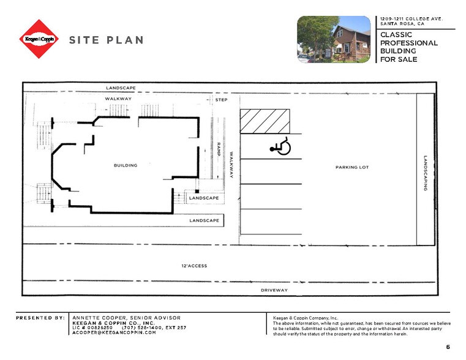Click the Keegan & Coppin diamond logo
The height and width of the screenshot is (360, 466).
click(x=39, y=39)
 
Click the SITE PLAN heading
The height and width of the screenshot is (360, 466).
click(x=106, y=40)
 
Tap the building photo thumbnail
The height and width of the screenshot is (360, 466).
click(x=333, y=39)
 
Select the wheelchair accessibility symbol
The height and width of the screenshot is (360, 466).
click(x=281, y=147)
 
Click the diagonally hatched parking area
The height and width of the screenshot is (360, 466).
click(x=265, y=121)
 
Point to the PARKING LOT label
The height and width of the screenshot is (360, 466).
click(x=352, y=167)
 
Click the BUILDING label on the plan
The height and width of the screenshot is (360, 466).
click(x=126, y=165)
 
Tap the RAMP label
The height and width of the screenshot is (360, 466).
click(x=217, y=150)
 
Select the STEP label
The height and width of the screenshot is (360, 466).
click(x=220, y=99)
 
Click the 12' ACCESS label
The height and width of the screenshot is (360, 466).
click(x=194, y=266)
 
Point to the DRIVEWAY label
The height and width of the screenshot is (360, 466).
click(x=274, y=290)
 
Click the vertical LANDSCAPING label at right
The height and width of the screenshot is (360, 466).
click(x=426, y=173)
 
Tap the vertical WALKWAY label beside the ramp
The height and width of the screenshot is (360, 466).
click(x=231, y=165)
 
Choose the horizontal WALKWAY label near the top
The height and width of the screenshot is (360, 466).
click(x=118, y=99)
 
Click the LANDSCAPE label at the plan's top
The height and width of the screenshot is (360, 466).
click(x=120, y=88)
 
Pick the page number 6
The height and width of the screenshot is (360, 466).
click(x=448, y=347)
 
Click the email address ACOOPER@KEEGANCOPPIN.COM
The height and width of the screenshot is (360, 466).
click(x=114, y=332)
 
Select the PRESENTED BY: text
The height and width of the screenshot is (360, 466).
click(x=40, y=318)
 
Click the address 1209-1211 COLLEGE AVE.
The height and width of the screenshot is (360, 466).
click(x=411, y=18)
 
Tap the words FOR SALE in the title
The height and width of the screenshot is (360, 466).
click(x=397, y=59)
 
